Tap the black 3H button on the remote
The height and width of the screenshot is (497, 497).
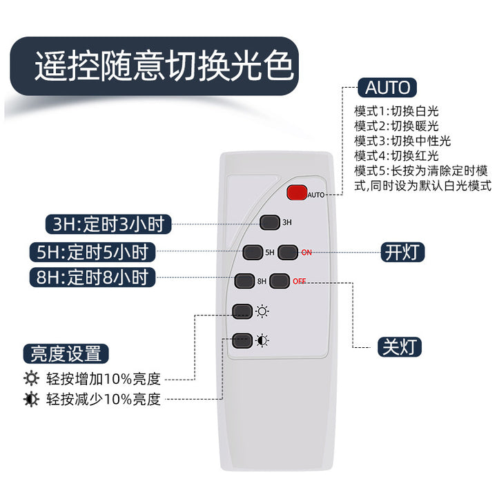coord(269,222)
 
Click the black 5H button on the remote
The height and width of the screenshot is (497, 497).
coord(253,252)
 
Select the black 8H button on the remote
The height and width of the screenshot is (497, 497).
coord(244,281)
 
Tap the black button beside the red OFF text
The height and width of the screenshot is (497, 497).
coord(280,281)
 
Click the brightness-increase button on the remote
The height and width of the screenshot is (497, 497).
coord(242,311)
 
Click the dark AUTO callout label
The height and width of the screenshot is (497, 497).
coord(387,88)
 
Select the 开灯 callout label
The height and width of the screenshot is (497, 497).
coord(402,253)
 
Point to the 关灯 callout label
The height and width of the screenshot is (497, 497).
coord(400,347)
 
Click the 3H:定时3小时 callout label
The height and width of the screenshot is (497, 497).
coord(108,224)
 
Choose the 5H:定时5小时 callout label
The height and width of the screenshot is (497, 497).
coord(92,253)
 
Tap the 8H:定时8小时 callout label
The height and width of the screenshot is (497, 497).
coord(92,277)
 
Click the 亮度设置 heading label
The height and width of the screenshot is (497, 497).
coord(66,353)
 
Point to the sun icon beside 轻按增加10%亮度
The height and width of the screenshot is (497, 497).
coord(31,378)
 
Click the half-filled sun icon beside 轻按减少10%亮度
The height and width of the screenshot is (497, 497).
coord(31,399)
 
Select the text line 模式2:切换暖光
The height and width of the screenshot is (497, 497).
coord(396,126)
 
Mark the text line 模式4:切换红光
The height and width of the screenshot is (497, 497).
coord(396,156)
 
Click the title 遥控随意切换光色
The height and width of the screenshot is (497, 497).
coord(163,66)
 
